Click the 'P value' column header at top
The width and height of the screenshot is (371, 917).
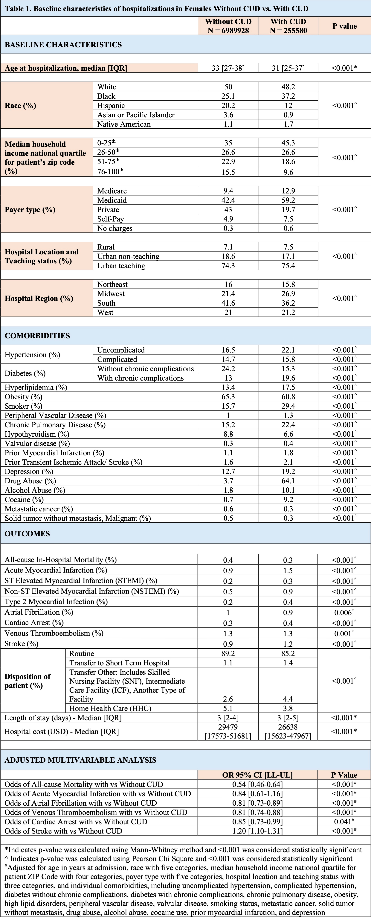tap(344, 26)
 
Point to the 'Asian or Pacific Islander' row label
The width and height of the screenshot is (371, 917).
tap(136, 115)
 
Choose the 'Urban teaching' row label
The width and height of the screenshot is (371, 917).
tap(121, 266)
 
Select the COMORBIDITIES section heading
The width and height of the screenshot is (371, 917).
tap(37, 336)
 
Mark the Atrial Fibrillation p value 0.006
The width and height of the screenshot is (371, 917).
tap(344, 612)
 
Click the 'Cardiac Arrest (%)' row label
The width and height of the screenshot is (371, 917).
tap(34, 623)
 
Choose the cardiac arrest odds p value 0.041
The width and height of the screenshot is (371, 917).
tap(344, 822)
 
